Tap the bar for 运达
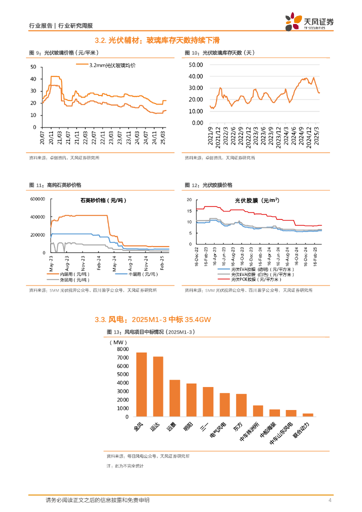tap(158, 386)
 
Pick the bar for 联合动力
tap(308, 414)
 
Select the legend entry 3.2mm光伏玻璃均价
tap(112, 65)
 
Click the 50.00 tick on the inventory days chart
tap(196, 64)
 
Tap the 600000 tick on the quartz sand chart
tap(38, 199)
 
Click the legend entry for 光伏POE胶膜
tap(262, 280)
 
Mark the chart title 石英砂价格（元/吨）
tap(104, 200)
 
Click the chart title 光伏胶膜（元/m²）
tap(257, 200)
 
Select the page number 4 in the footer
tap(329, 500)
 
